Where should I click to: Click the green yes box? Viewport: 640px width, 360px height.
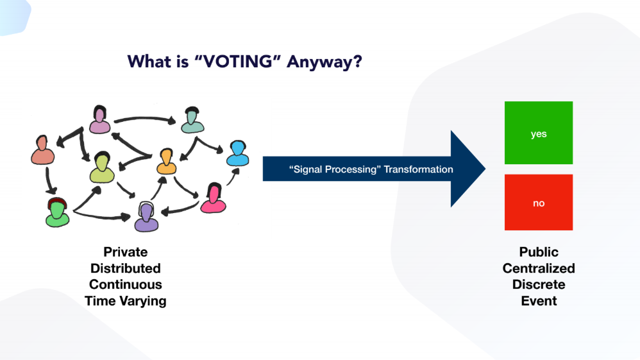[x=538, y=133]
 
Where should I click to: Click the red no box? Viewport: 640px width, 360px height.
[x=538, y=202]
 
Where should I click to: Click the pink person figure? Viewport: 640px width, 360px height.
[x=214, y=198]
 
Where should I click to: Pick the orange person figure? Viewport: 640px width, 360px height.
[x=167, y=162]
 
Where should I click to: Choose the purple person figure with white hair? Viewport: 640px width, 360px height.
[x=146, y=217]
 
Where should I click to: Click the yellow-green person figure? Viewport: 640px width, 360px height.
[x=102, y=168]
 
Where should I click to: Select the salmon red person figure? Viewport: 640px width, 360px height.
[x=43, y=150]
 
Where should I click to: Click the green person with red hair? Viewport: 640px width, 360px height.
[x=56, y=212]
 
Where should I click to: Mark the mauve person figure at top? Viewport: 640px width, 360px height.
[x=99, y=119]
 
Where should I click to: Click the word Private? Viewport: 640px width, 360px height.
[x=125, y=252]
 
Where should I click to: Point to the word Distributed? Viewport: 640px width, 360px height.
[x=125, y=268]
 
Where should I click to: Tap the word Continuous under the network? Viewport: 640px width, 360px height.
[x=125, y=284]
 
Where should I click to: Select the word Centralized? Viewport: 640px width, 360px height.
[x=539, y=268]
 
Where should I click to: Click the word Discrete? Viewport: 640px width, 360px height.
[x=539, y=284]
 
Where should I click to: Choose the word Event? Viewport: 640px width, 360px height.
[x=539, y=300]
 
